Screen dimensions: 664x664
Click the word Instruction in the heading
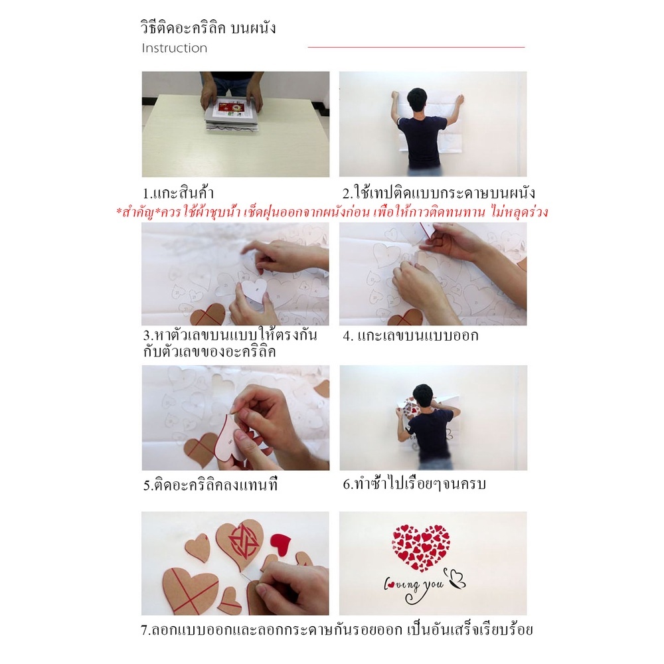click(175, 48)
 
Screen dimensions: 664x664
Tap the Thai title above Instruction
click(208, 28)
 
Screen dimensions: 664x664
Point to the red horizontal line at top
click(416, 47)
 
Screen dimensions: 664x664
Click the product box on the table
click(231, 115)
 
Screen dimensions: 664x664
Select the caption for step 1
click(178, 193)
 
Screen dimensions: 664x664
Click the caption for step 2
click(439, 193)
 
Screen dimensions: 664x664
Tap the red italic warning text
click(333, 211)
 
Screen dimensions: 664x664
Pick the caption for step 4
click(410, 336)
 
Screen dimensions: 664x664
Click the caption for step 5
click(210, 485)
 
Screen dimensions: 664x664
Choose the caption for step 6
click(414, 483)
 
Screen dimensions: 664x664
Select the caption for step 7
click(337, 629)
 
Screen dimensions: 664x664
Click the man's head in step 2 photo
click(418, 101)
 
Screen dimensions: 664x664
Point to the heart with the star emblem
click(240, 542)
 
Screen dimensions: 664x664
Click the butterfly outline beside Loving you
click(457, 578)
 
